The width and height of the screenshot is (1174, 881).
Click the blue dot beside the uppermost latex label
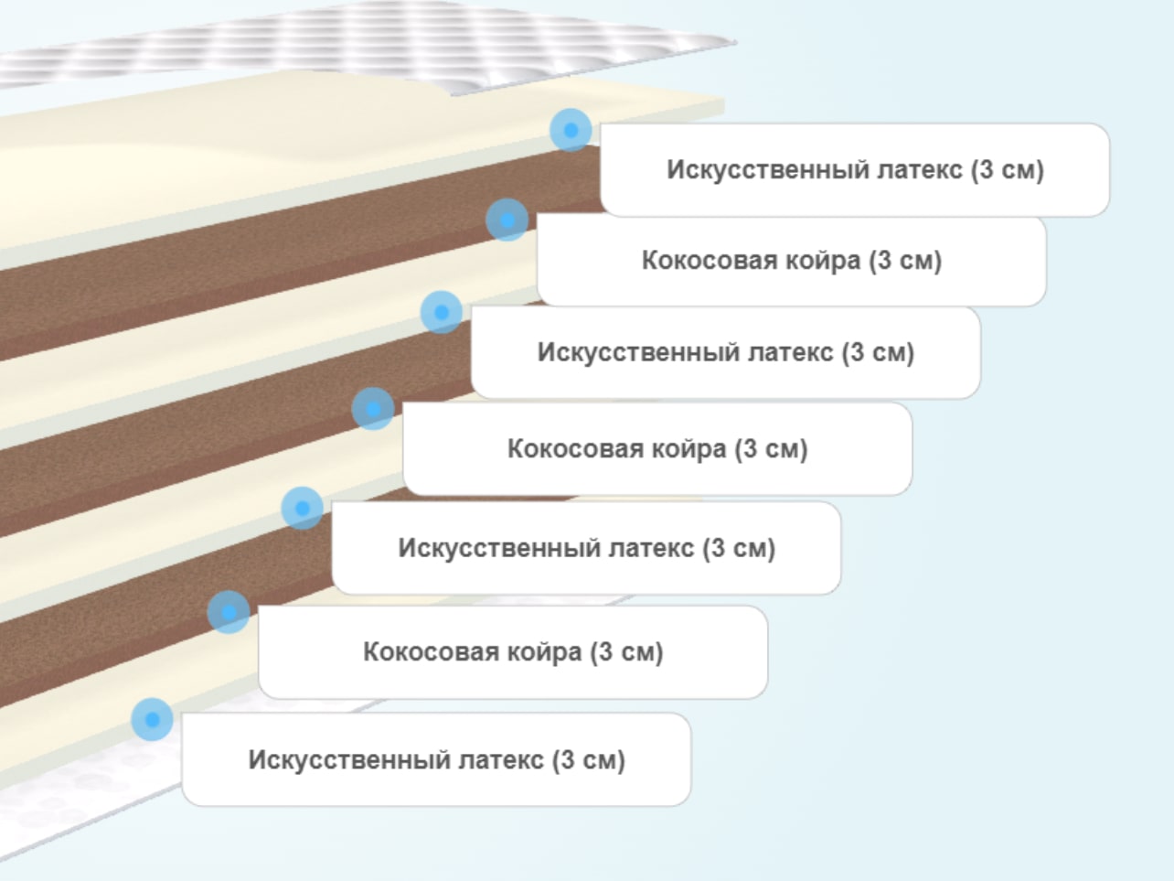pyautogui.click(x=571, y=130)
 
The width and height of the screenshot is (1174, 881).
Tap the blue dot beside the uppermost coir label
pyautogui.click(x=507, y=220)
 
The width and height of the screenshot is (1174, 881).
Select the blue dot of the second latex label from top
pyautogui.click(x=442, y=312)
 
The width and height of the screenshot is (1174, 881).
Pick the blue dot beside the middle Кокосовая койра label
pyautogui.click(x=373, y=409)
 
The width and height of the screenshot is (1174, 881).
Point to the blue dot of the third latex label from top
pyautogui.click(x=303, y=508)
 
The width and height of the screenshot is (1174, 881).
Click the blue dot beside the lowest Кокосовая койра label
pyautogui.click(x=229, y=612)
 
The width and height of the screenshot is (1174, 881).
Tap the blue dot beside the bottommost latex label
pyautogui.click(x=153, y=719)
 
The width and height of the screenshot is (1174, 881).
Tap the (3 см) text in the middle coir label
pyautogui.click(x=771, y=449)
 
